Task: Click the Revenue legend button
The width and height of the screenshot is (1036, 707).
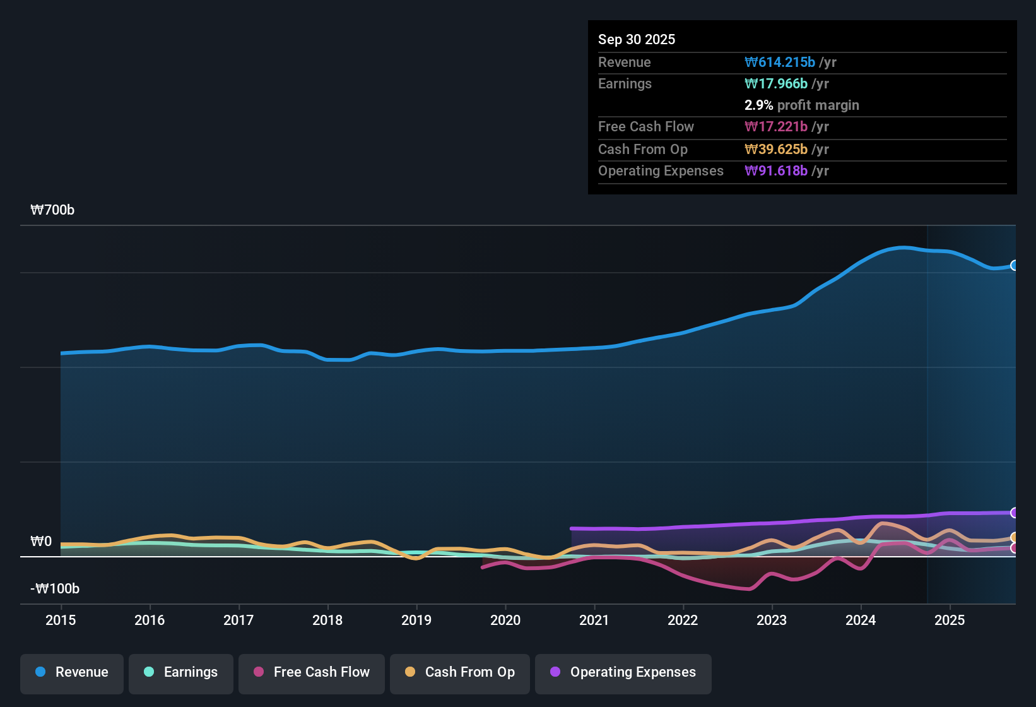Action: pos(72,672)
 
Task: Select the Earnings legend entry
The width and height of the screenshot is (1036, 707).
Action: pos(181,672)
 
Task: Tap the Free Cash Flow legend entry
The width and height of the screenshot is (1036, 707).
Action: pos(312,672)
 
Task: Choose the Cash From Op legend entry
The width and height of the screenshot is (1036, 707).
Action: pos(460,672)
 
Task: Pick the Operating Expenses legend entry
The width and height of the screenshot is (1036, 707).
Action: pos(623,672)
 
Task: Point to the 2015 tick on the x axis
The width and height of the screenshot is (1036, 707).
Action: pos(61,620)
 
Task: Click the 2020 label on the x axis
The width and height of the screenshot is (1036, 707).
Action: pos(505,620)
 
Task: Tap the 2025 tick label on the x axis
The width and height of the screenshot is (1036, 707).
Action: pos(950,620)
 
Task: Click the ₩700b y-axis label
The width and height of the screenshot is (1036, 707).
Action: pos(52,210)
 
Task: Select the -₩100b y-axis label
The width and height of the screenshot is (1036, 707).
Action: pos(55,589)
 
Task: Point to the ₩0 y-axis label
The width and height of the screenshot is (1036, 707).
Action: pos(41,542)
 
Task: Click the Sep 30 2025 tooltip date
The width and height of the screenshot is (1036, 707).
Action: pos(637,39)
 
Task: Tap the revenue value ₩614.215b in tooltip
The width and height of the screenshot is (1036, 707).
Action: pos(780,62)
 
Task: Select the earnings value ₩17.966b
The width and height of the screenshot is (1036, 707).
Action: pos(776,83)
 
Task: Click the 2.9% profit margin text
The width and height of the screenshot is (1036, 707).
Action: pos(801,105)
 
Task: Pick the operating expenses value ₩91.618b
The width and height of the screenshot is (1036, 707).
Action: pos(776,170)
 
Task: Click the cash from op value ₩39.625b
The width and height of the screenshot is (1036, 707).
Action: pos(776,149)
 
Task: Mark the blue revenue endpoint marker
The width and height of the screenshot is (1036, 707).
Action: pos(1014,266)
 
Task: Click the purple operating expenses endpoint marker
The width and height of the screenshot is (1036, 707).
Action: pos(1014,513)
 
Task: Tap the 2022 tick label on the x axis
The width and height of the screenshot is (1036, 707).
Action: pos(683,620)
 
